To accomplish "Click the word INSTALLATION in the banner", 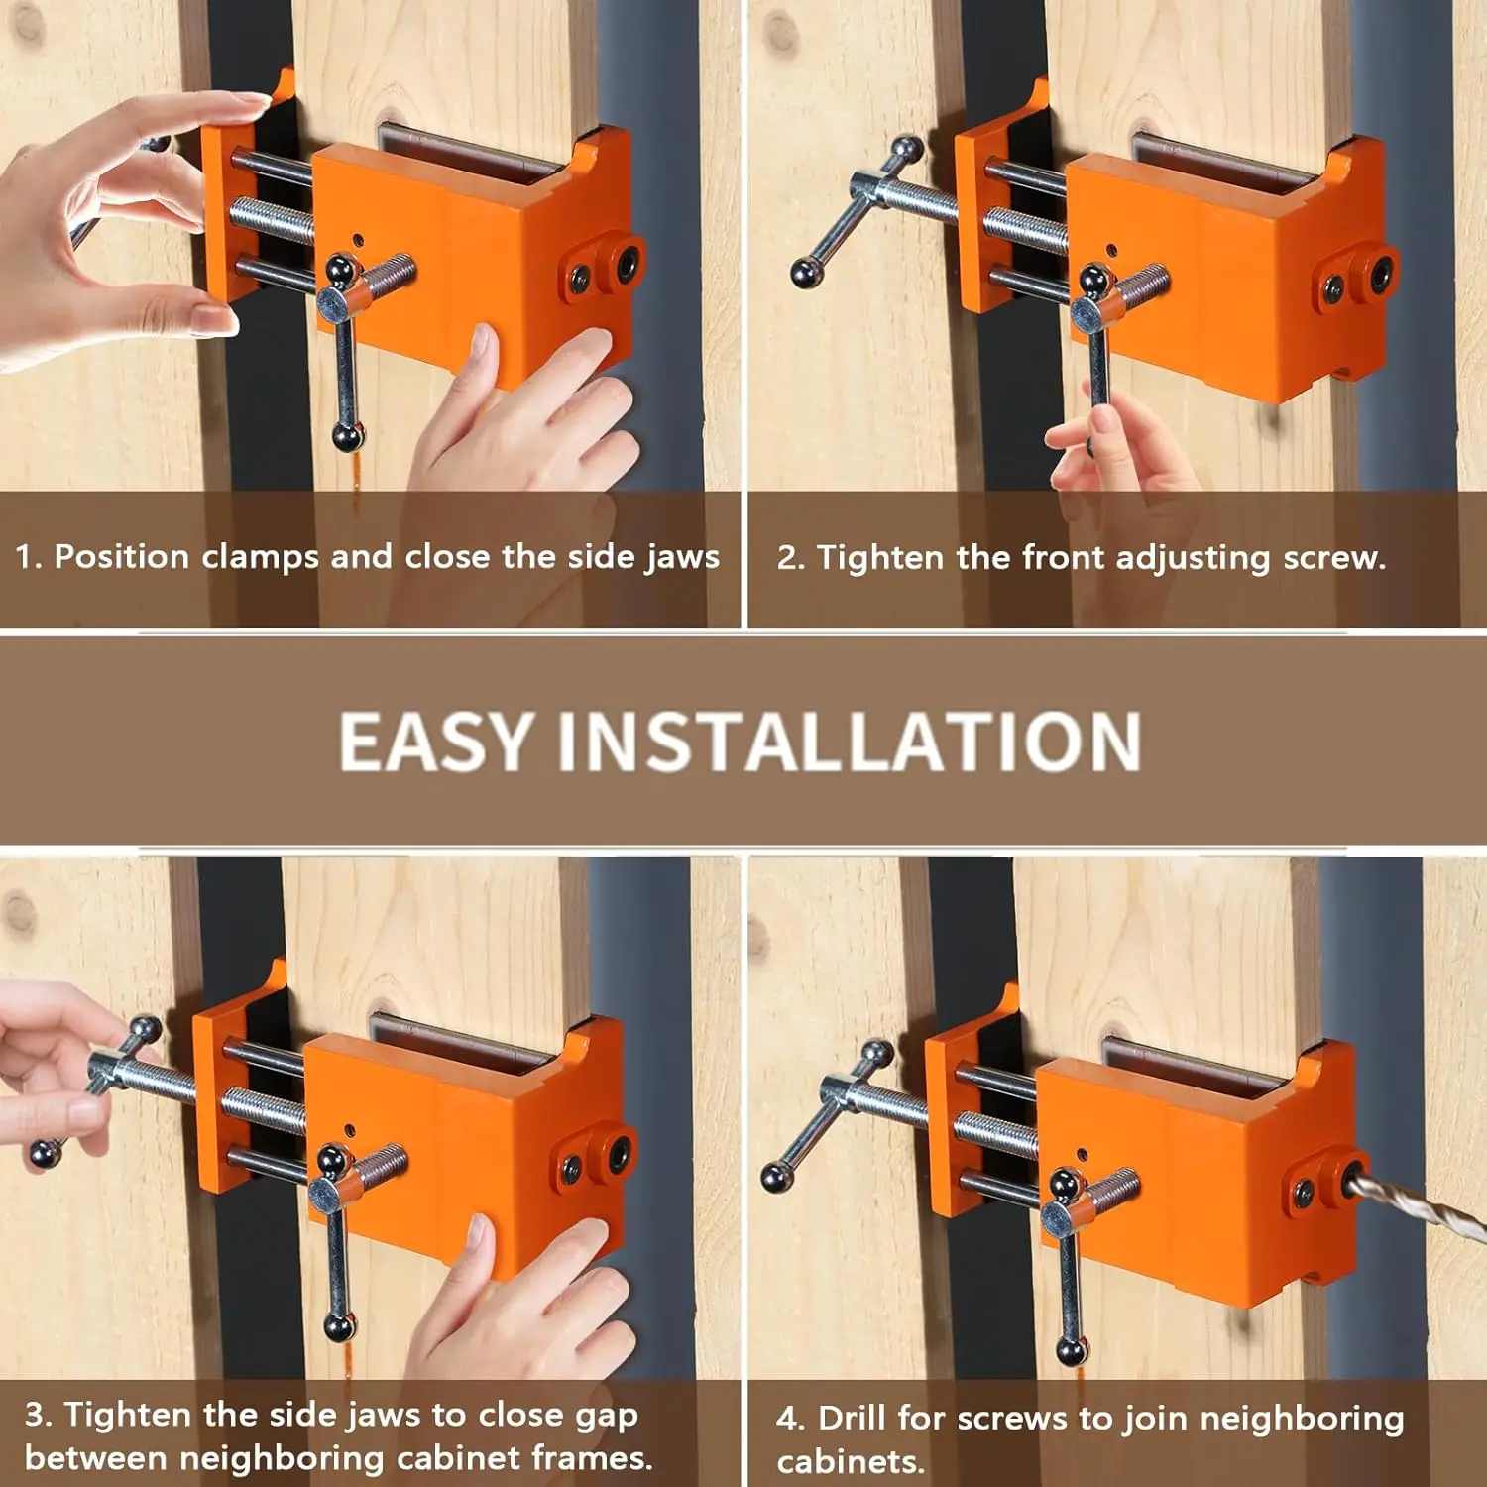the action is click(x=850, y=741).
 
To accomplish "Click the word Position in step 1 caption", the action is click(x=122, y=556).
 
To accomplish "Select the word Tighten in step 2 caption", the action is click(x=881, y=558).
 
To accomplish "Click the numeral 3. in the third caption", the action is click(x=39, y=1414).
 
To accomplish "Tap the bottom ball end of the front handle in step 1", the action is click(x=347, y=437).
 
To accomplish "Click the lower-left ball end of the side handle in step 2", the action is click(x=805, y=274).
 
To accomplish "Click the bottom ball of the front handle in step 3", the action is click(x=338, y=1326).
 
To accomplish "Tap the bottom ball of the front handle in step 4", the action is click(x=1071, y=1350).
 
